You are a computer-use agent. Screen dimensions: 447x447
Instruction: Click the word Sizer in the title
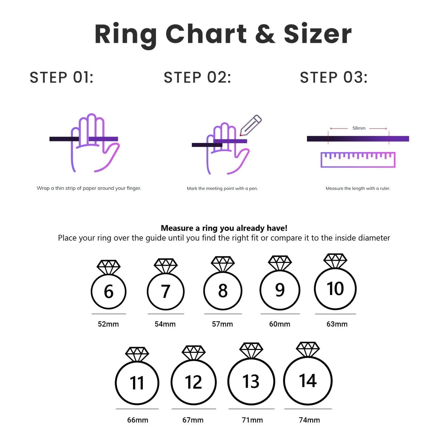coord(317,34)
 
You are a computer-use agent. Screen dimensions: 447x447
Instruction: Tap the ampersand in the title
coord(265,34)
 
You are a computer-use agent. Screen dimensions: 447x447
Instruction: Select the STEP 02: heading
coord(197,77)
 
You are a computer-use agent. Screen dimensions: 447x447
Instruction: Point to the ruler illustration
coord(358,160)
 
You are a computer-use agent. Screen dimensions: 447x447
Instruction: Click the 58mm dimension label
coord(359,128)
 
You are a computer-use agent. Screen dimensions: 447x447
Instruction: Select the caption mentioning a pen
coord(222,188)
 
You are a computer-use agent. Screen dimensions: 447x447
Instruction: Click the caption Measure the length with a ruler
coord(358,188)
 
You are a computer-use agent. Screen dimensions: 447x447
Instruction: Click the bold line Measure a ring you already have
coord(224,228)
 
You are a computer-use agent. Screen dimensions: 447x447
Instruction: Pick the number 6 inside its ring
coord(108,291)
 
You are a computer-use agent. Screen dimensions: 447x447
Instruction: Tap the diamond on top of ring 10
coord(335,261)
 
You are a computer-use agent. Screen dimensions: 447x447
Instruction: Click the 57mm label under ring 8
coord(222,324)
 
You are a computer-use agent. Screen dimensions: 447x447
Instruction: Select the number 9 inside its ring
coord(280,290)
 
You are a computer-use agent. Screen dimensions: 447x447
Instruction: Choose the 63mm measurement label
coord(337,324)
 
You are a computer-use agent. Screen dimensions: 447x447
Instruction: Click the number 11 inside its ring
coord(137,383)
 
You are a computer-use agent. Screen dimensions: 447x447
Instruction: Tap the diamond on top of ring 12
coord(193,353)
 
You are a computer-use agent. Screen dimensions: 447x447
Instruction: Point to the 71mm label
coord(252,420)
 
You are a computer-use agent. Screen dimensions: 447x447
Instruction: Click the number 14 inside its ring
coord(308,381)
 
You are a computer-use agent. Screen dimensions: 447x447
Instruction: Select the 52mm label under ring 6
coord(108,324)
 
